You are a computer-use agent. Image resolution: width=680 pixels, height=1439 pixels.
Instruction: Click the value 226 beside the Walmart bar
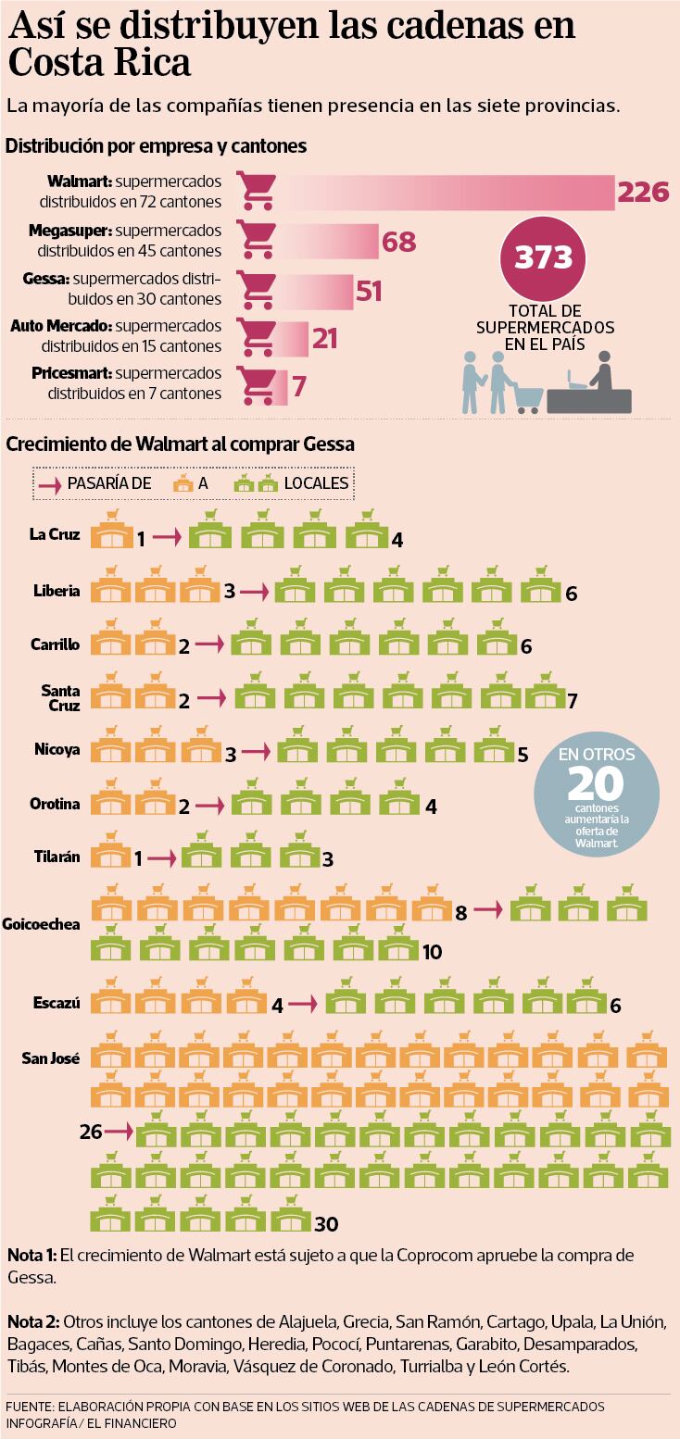tap(642, 193)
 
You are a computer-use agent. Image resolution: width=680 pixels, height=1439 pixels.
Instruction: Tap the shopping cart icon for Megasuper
tap(256, 241)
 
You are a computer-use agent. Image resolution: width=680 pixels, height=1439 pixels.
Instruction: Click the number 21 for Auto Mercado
tap(324, 339)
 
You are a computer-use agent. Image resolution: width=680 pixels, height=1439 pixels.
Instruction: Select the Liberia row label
tap(57, 591)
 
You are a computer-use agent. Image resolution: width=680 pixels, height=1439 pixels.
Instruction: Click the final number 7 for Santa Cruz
tap(573, 701)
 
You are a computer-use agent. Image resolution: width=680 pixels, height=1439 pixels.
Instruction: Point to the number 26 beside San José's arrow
tap(92, 1132)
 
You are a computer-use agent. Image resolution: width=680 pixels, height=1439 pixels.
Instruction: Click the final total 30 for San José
tap(325, 1224)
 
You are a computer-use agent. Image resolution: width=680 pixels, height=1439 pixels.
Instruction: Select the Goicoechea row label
tap(42, 924)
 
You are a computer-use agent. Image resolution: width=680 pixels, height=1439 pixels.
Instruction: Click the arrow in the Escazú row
tap(308, 1004)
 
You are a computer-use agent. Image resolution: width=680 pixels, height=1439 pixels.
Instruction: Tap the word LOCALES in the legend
tap(316, 483)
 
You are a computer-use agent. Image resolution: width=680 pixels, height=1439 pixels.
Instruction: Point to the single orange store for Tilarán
tap(111, 850)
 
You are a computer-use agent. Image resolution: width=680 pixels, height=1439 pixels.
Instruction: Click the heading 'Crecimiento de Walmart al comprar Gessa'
tap(180, 444)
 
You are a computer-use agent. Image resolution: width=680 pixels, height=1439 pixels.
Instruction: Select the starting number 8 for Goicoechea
tap(460, 912)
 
